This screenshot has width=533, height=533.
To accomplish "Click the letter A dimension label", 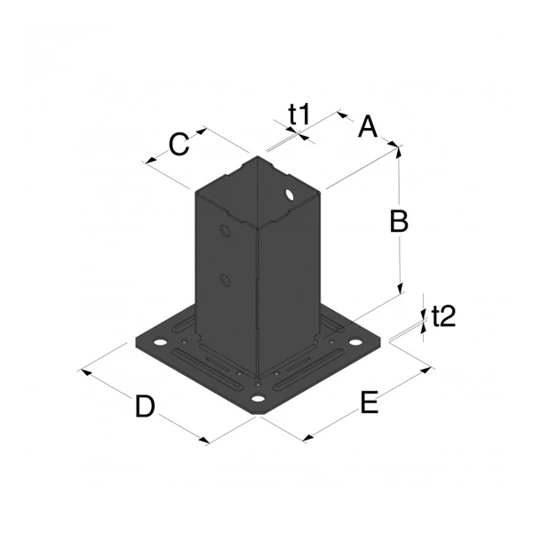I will click(367, 128).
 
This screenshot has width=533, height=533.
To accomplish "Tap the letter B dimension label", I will click(399, 221).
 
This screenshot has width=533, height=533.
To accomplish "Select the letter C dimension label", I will click(179, 144).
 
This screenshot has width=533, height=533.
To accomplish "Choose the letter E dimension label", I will click(370, 403).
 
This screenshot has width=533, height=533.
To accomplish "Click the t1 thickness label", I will click(298, 113).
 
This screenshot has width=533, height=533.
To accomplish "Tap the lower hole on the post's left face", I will click(225, 282).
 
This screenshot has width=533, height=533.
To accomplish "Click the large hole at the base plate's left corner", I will click(160, 342).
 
